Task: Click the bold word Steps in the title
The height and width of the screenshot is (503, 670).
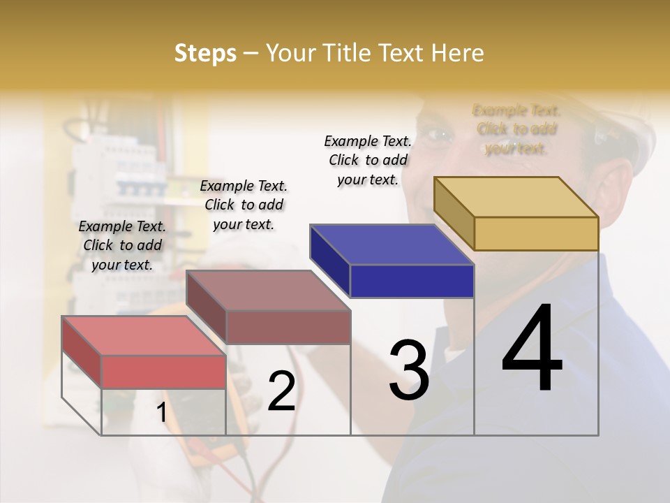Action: coord(205,53)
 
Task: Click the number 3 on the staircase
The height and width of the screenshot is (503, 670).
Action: coord(409,370)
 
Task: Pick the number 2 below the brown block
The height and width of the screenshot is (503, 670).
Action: coord(281,392)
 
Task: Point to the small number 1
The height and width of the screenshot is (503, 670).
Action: coord(161,412)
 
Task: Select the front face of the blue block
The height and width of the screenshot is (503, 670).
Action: coord(412,282)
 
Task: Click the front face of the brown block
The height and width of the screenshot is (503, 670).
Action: coord(288,327)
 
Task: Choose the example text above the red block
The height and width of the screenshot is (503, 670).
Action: coord(122,245)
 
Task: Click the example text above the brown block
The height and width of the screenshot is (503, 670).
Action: coord(244,205)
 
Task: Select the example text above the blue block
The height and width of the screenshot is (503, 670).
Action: coord(368,160)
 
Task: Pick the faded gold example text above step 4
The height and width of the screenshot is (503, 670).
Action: coord(516,129)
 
